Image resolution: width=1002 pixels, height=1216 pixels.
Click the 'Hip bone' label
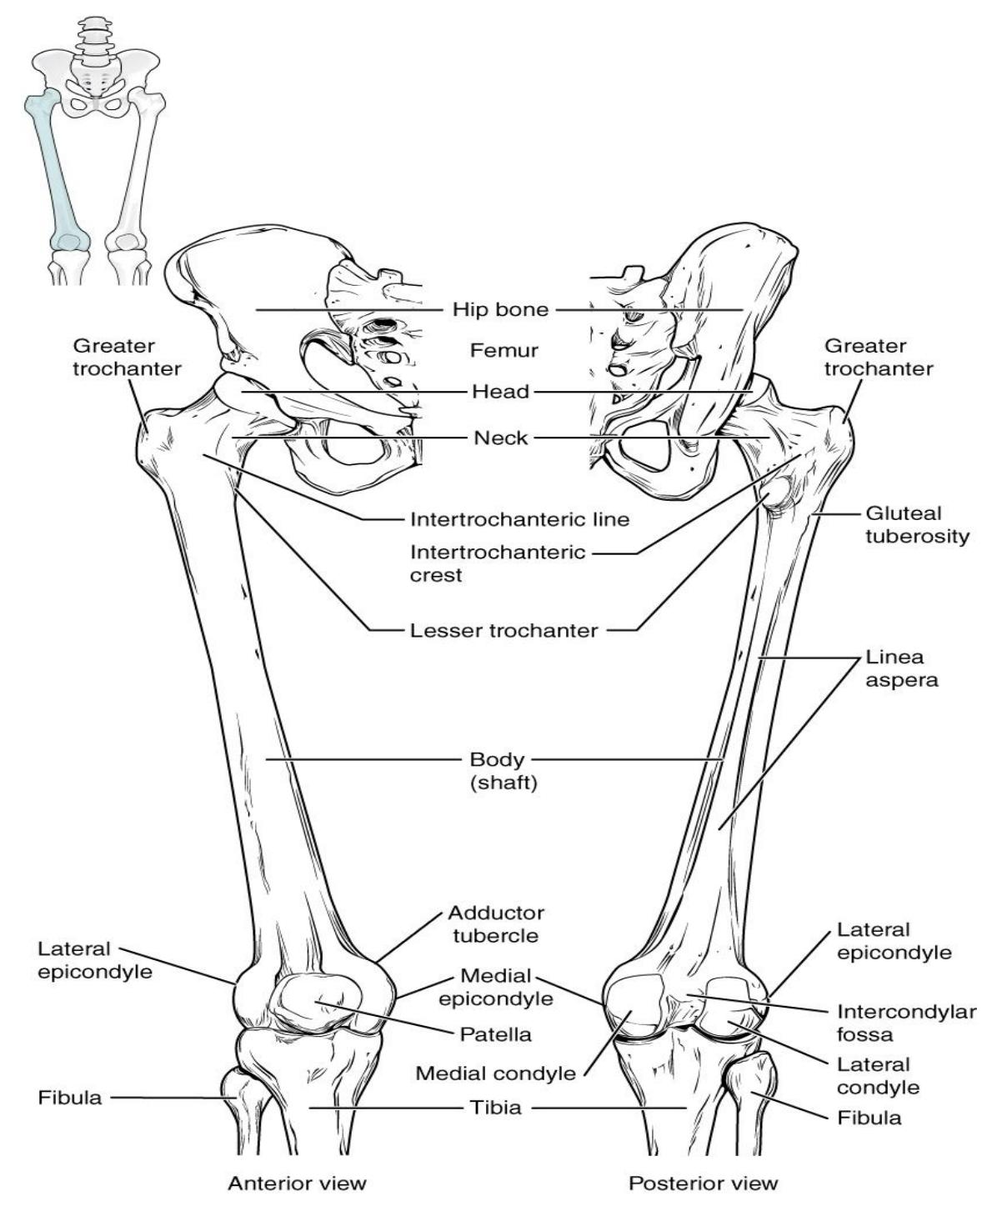tap(500, 309)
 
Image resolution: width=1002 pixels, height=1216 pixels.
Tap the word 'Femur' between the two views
tap(504, 351)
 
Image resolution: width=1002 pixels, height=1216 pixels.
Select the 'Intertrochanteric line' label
tap(519, 519)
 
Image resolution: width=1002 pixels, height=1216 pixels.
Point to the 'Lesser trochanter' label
tap(504, 631)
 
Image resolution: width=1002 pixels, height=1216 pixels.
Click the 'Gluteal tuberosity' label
tap(917, 525)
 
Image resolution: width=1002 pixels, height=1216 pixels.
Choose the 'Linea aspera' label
tap(902, 668)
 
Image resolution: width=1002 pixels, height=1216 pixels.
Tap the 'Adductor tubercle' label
tap(496, 924)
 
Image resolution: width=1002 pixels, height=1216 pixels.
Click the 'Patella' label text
tap(496, 1034)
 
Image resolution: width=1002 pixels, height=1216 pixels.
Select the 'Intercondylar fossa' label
tap(906, 1023)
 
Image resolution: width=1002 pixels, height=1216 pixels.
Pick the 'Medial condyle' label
tap(496, 1073)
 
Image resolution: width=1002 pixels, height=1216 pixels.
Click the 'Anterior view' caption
tap(297, 1183)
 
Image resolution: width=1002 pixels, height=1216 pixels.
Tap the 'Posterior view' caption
tap(703, 1183)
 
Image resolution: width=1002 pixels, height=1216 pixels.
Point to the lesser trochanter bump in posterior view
tap(777, 494)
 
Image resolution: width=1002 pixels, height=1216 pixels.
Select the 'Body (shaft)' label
tap(504, 771)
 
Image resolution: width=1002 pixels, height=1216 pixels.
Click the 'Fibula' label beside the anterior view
tap(70, 1098)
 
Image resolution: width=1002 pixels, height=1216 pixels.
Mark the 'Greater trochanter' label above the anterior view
tap(127, 358)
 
